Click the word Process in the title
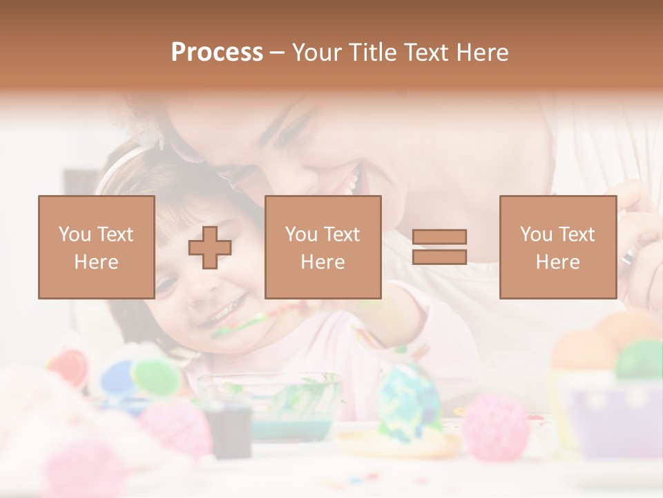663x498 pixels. (217, 53)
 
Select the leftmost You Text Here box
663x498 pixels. (96, 247)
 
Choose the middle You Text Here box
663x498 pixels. (323, 247)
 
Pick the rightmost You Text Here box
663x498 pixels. (557, 247)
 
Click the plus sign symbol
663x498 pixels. (210, 248)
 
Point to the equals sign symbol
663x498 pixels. (439, 247)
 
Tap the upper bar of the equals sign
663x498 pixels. (439, 237)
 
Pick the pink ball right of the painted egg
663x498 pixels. (496, 425)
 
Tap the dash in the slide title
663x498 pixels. (277, 53)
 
